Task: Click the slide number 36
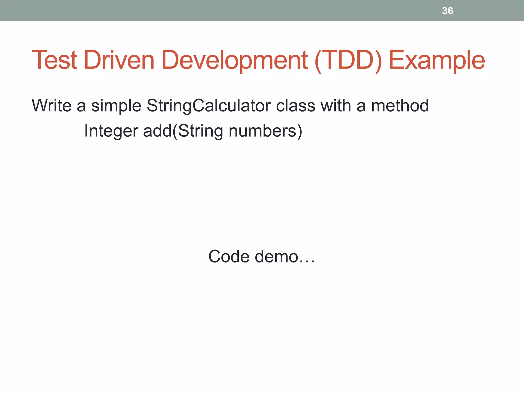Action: click(x=447, y=11)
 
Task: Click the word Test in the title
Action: click(x=54, y=60)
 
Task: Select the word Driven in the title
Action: click(x=119, y=60)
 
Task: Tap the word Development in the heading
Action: click(x=235, y=60)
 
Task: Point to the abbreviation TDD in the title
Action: click(x=348, y=60)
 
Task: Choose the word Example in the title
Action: click(x=436, y=60)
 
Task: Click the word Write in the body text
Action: click(x=51, y=105)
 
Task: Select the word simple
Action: click(x=116, y=106)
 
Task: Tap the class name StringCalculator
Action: click(x=209, y=106)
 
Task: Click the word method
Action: click(x=400, y=105)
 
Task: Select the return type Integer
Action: click(x=111, y=131)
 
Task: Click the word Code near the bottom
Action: click(x=229, y=256)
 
